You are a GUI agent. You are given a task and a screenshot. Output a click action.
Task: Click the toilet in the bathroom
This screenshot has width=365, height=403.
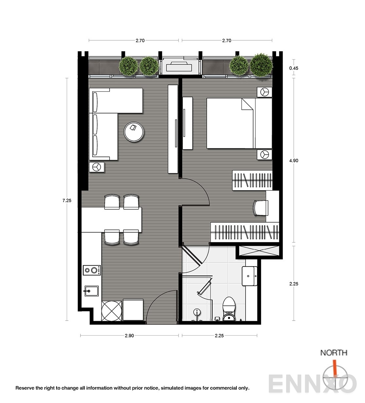click(229, 308)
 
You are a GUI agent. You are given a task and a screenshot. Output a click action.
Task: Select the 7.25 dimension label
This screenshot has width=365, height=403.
click(67, 200)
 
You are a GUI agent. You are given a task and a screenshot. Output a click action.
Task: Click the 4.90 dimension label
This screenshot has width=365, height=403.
click(294, 161)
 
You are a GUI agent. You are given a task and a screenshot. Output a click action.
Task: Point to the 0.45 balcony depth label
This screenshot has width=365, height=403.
click(294, 68)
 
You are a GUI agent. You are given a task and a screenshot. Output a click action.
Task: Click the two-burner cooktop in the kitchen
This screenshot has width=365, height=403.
click(92, 270)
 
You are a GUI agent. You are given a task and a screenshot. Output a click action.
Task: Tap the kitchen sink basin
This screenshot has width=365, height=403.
click(91, 291)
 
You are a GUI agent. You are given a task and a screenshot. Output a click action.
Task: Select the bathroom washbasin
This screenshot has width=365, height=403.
click(250, 276)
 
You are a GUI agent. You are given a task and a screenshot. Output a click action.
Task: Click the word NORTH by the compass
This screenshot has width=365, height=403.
click(334, 358)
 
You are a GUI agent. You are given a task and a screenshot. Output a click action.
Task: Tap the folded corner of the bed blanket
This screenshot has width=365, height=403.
click(247, 104)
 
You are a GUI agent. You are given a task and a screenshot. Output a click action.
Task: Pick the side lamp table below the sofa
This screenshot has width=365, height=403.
click(96, 167)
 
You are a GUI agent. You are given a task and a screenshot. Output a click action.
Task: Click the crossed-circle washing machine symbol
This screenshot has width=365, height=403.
click(112, 311)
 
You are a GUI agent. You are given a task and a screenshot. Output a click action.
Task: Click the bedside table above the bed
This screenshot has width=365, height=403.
click(264, 92)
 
